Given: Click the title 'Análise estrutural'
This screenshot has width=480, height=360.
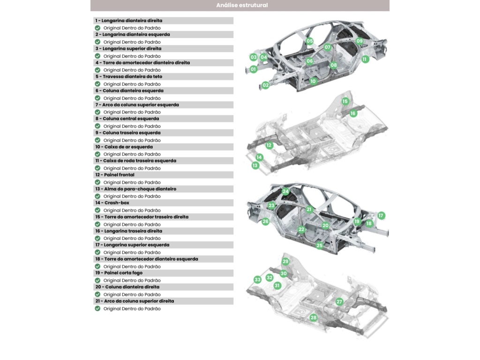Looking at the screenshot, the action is tap(242, 5).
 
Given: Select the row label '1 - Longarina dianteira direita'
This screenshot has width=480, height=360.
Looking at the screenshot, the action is tap(128, 21).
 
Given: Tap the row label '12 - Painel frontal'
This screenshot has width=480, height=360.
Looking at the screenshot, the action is tap(115, 175).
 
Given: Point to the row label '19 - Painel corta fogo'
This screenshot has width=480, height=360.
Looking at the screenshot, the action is tap(119, 273).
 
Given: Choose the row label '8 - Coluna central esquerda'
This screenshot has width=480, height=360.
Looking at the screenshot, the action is tap(127, 119).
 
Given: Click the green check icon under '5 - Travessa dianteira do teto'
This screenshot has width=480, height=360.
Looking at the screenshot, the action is tap(97, 84).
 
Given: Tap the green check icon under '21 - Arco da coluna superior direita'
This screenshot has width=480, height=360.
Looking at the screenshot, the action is tap(97, 308).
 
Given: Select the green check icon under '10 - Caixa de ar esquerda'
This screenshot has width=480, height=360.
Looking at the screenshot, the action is tap(97, 154).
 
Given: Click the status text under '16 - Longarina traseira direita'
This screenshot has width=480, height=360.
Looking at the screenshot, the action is tap(132, 239).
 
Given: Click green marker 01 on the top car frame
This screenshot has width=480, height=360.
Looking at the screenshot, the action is tap(253, 69).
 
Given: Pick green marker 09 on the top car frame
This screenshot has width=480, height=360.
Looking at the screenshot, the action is tap(360, 41).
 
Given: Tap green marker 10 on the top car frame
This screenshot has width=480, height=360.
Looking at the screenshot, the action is tap(313, 81).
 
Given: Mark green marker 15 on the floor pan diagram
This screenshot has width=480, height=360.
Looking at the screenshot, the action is tap(345, 101).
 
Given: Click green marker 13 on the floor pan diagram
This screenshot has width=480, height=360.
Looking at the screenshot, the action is tap(255, 165).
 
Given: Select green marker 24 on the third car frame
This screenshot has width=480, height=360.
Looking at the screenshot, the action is tap(285, 192).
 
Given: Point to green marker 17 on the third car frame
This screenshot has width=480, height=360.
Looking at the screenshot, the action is tap(381, 216).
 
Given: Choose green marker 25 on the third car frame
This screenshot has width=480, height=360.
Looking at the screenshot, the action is tap(320, 246).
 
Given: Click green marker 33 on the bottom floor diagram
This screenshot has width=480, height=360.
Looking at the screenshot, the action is tap(257, 279).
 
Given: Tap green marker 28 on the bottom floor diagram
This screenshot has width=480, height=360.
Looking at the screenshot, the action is tap(313, 317).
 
